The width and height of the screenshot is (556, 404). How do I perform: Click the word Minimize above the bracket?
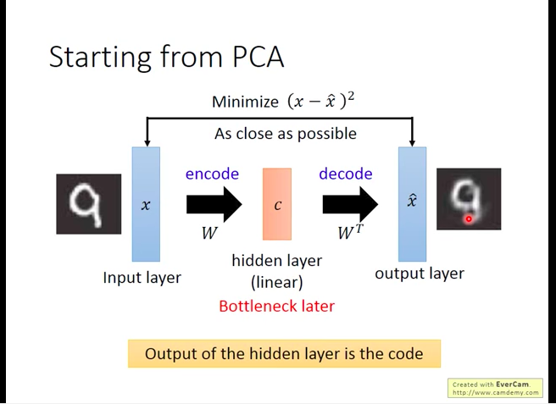(x=245, y=102)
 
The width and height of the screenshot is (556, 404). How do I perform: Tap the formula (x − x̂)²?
(x=321, y=101)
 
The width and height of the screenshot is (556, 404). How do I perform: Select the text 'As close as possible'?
(x=285, y=133)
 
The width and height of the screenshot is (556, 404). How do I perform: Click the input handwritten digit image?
(x=89, y=204)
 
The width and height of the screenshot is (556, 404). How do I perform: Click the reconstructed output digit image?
(x=468, y=199)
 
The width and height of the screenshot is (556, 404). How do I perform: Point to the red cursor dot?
(x=468, y=219)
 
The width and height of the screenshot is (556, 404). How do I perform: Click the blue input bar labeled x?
(x=146, y=204)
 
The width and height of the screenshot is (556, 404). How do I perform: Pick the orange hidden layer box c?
(x=277, y=204)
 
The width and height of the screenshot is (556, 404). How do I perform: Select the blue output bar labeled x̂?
(x=412, y=204)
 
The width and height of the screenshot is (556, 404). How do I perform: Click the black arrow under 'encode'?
(x=214, y=204)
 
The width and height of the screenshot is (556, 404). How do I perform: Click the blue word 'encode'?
(x=212, y=174)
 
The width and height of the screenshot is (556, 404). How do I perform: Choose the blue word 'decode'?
(x=345, y=174)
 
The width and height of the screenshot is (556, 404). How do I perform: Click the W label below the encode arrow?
(x=208, y=233)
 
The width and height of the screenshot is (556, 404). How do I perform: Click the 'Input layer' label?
(x=142, y=277)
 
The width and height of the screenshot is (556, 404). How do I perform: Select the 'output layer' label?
(x=420, y=274)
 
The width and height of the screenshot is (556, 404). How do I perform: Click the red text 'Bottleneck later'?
(x=276, y=306)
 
